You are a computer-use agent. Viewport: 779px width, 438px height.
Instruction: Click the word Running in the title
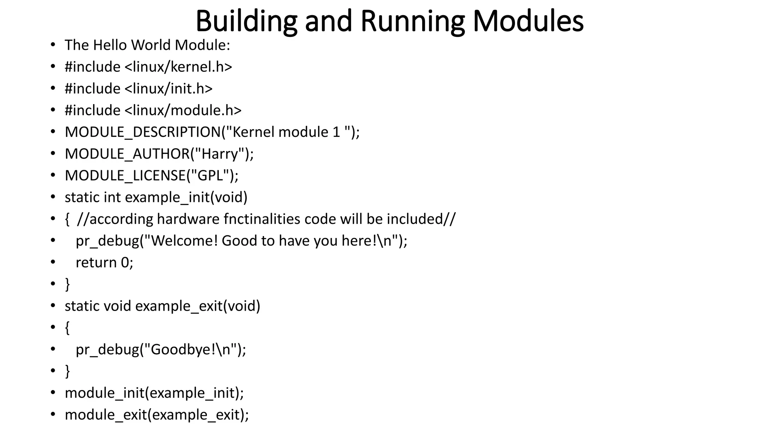click(412, 21)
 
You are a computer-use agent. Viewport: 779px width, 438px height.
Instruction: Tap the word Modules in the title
click(528, 21)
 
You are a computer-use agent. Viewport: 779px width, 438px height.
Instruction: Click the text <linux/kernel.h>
click(178, 67)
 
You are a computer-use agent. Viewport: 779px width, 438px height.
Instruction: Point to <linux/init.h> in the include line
click(168, 89)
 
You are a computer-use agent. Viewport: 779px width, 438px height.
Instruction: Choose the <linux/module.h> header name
click(183, 110)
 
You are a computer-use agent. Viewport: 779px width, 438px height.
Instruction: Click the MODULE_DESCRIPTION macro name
click(143, 132)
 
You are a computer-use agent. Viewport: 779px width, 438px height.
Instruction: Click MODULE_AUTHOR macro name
click(127, 154)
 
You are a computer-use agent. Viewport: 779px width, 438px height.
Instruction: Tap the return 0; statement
click(104, 263)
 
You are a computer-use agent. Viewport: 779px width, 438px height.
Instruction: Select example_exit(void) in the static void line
click(197, 306)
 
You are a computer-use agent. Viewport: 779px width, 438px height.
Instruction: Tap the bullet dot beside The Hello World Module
click(53, 45)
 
